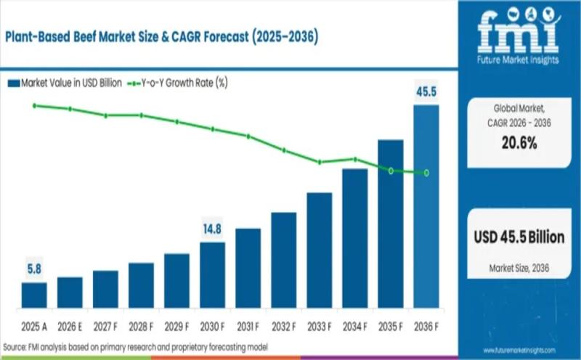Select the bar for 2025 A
click(x=34, y=295)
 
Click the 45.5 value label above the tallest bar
click(x=426, y=92)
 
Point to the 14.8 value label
click(x=212, y=229)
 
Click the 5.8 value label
click(x=34, y=269)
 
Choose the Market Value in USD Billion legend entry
click(x=64, y=83)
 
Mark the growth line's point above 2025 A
click(x=34, y=105)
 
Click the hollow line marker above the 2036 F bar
click(x=426, y=173)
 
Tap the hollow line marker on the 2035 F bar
click(x=391, y=171)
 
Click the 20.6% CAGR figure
click(x=519, y=143)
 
